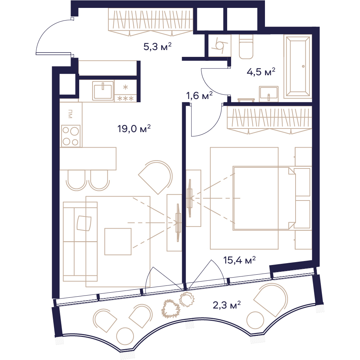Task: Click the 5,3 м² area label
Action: click(158, 46)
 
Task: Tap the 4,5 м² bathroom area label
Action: click(261, 72)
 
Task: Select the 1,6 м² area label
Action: click(199, 95)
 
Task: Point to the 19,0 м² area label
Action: click(134, 129)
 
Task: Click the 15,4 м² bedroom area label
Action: click(239, 260)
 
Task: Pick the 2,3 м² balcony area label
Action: click(227, 305)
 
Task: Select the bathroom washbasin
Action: click(269, 94)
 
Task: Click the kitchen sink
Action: click(103, 91)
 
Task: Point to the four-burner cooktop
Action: click(71, 136)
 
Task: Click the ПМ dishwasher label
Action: click(70, 114)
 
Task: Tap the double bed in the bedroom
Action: click(264, 198)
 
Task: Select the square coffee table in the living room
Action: click(118, 241)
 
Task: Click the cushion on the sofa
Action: click(84, 223)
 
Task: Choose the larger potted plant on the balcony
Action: click(171, 309)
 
